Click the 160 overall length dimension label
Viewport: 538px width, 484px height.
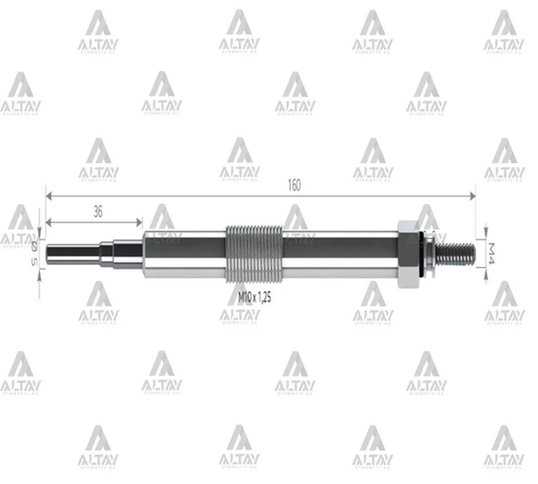click(294, 185)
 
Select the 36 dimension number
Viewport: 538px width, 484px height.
click(97, 211)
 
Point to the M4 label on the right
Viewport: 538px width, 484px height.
click(492, 251)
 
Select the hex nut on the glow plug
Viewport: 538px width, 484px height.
click(406, 252)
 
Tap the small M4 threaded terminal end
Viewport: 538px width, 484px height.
click(459, 252)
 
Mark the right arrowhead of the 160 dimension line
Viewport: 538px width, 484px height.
click(472, 193)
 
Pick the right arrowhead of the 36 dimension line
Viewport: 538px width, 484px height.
click(139, 220)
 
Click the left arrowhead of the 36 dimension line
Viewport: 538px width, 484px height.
click(48, 220)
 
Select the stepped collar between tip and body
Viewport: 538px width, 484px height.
click(127, 252)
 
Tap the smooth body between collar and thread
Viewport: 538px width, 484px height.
click(182, 252)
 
